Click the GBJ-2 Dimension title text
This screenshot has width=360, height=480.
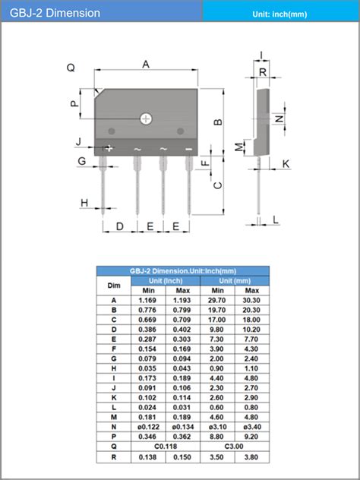pos(55,13)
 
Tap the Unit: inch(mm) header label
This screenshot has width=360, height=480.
pos(281,14)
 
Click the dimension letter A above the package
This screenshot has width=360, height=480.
pos(146,65)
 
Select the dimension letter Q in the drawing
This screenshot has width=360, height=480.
pos(71,68)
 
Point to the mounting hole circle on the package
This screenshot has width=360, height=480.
pos(146,118)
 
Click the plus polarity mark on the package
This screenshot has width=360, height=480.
pos(109,148)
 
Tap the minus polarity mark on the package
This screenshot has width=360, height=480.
pos(188,149)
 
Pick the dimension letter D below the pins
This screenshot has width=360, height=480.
pos(119,226)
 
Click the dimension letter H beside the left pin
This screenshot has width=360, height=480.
pos(84,202)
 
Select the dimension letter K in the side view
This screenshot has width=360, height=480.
pos(286,164)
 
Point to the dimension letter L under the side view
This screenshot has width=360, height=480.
pos(276,219)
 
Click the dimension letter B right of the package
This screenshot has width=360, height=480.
pos(217,122)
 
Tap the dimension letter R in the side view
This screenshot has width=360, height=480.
pos(263,73)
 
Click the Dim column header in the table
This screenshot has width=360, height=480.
pos(114,286)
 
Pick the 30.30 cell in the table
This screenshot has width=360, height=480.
pos(251,301)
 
